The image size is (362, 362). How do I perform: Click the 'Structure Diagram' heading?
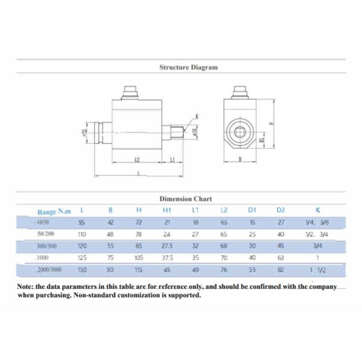(188, 68)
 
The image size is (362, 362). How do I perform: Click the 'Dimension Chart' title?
(185, 198)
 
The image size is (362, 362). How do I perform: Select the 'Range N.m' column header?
(54, 212)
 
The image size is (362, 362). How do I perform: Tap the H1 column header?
(167, 211)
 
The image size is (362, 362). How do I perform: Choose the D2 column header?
(280, 211)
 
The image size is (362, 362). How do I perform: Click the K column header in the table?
(317, 211)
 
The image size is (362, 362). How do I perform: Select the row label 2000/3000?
(50, 270)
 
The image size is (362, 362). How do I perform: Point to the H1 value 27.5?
(167, 246)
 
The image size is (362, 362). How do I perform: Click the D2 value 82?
(280, 270)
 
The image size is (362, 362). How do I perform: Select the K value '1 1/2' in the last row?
(317, 270)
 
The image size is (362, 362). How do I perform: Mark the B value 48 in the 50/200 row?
(110, 234)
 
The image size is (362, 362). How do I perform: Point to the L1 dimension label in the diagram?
(173, 160)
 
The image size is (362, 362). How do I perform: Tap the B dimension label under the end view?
(241, 160)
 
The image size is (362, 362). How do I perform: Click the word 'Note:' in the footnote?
(25, 287)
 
